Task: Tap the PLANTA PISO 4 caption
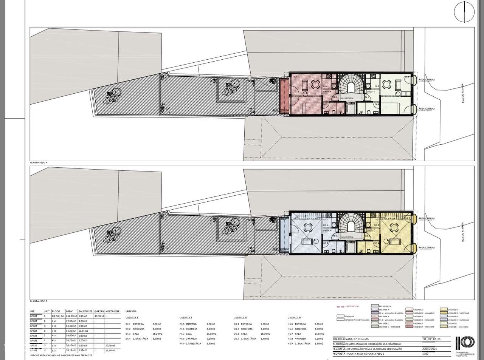(x=39, y=162)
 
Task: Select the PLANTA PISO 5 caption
(x=39, y=301)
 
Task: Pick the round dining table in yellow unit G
(x=394, y=227)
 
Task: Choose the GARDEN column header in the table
(x=99, y=312)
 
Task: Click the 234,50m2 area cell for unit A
(x=71, y=316)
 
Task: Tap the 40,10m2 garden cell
(x=99, y=316)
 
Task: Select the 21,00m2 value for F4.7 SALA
(x=211, y=334)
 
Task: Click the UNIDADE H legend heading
(x=294, y=318)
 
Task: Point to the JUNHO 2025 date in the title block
(x=429, y=349)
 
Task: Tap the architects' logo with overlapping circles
(x=465, y=342)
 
